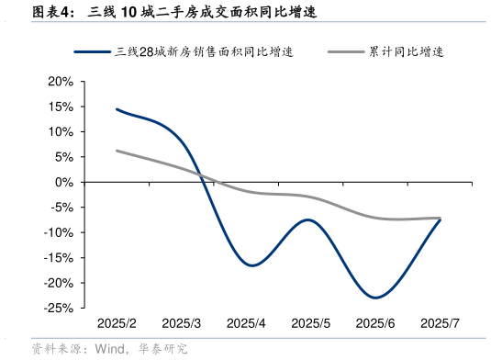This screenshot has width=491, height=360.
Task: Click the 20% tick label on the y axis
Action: tap(61, 82)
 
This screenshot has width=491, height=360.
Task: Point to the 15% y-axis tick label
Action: tap(61, 107)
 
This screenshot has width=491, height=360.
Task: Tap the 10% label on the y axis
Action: tap(61, 132)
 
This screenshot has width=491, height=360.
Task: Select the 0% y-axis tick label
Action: tap(64, 183)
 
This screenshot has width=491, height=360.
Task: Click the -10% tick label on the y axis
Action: tap(59, 233)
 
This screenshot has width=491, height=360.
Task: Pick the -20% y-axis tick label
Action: tap(59, 284)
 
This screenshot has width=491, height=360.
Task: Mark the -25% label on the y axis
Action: tap(59, 309)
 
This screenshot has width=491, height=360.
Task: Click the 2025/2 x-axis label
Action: tap(117, 324)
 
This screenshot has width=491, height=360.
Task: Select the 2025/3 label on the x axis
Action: tap(181, 324)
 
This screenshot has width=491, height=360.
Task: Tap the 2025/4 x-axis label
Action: tap(245, 324)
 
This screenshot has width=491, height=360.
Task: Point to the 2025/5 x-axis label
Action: tap(310, 324)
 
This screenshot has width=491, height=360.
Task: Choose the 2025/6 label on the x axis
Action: tap(374, 324)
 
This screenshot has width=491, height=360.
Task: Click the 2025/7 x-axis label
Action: tap(439, 324)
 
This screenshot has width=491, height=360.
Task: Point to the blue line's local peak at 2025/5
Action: tap(308, 220)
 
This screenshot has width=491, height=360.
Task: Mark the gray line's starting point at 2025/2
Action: tap(117, 151)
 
